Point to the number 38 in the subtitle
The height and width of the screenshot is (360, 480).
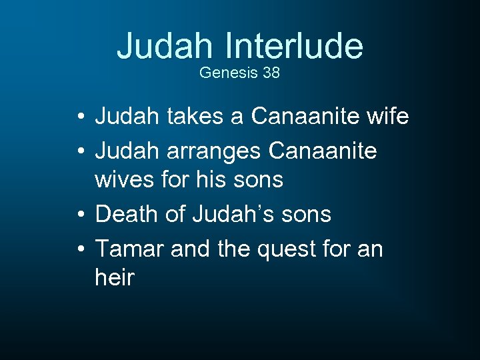click(x=271, y=73)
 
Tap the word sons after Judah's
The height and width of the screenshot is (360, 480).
click(x=305, y=214)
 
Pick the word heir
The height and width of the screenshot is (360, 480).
click(x=115, y=277)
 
